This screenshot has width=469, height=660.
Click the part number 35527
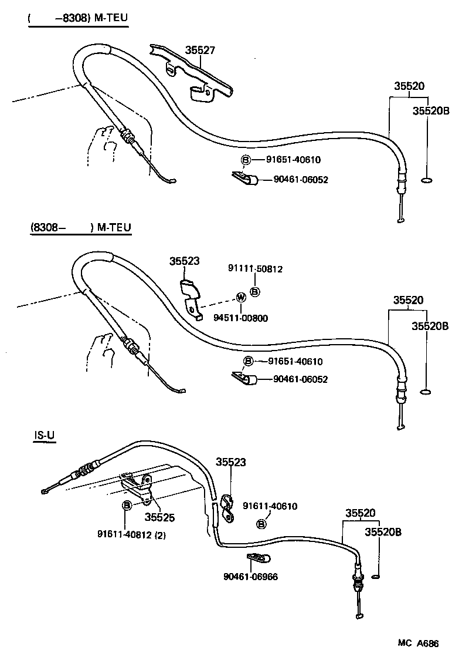200,50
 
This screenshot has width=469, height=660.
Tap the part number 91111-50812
255,269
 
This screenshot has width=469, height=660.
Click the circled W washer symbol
240,297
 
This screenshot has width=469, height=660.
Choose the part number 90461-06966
250,577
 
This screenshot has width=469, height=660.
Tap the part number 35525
159,518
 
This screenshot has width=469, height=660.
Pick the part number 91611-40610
270,506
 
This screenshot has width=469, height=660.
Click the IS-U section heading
44,436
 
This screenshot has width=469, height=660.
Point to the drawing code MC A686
418,643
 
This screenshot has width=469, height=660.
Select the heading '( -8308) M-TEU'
77,18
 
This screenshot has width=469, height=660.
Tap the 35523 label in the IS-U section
230,462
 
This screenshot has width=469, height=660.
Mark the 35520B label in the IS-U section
383,531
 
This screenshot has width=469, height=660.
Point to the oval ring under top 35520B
427,180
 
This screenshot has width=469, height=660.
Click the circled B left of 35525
126,505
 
